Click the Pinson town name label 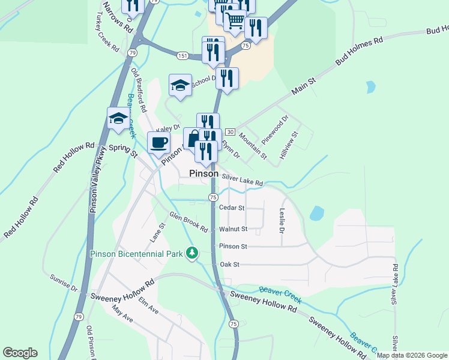pyautogui.click(x=203, y=173)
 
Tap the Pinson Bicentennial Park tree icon pyautogui.click(x=192, y=253)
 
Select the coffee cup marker pyautogui.click(x=159, y=143)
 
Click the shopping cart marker pyautogui.click(x=235, y=22)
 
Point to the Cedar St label pyautogui.click(x=232, y=208)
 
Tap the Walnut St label pyautogui.click(x=233, y=229)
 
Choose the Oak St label pyautogui.click(x=230, y=264)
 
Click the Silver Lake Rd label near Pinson pyautogui.click(x=243, y=179)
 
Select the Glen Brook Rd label pyautogui.click(x=188, y=222)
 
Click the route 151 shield pyautogui.click(x=182, y=55)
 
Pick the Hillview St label pyautogui.click(x=288, y=146)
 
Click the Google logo pyautogui.click(x=20, y=353)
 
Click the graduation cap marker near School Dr pyautogui.click(x=180, y=85)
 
